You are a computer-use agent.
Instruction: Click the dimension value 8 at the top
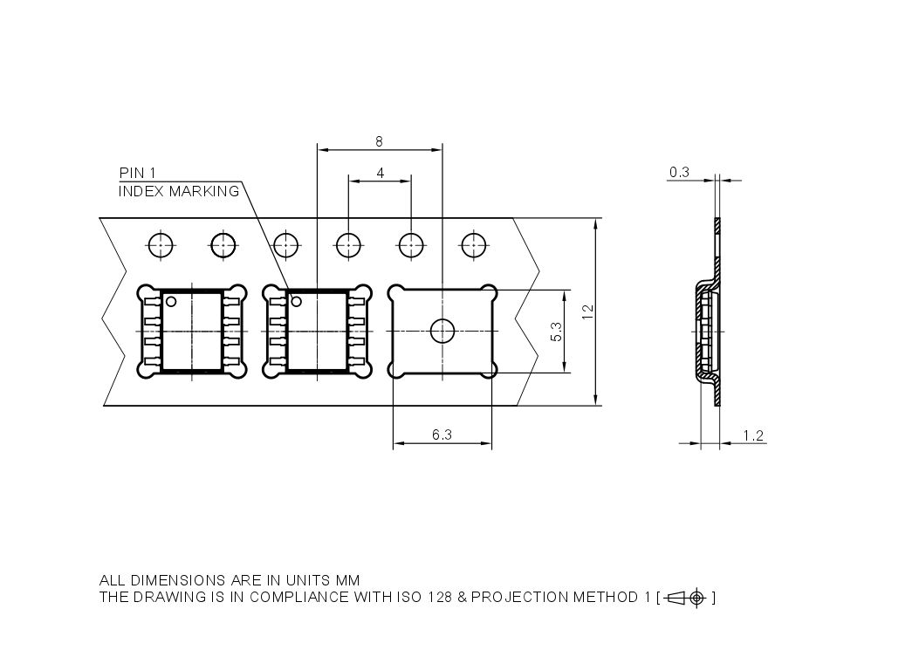[x=379, y=141]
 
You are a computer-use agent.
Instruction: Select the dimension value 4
[x=381, y=173]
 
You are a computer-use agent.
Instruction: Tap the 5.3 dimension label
[x=557, y=332]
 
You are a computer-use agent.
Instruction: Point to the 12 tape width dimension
[x=588, y=311]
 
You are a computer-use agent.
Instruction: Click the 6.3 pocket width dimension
[x=442, y=434]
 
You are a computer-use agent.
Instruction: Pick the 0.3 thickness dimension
[x=679, y=172]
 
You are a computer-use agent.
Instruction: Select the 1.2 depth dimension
[x=753, y=435]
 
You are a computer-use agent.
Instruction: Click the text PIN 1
[x=138, y=173]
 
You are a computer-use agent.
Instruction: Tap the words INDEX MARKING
[x=179, y=191]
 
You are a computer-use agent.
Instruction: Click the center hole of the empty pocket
[x=442, y=332]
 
